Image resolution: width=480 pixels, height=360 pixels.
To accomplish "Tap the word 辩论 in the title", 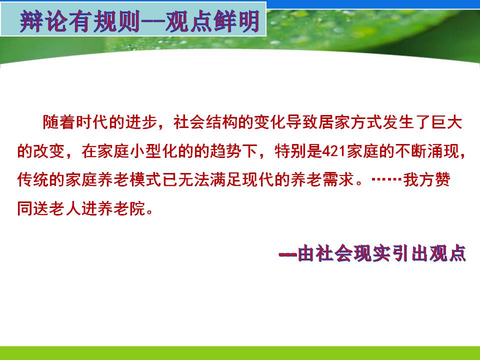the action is pos(43,21).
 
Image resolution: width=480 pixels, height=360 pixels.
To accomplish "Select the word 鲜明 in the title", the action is pos(236,21).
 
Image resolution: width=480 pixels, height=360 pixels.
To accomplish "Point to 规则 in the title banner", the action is pos(116,21).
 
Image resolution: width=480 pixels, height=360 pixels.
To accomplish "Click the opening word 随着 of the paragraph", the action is pos(58,122).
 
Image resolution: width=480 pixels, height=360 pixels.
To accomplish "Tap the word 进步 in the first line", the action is pos(139,122).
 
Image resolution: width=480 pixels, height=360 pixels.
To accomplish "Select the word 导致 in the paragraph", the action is pos(301,122).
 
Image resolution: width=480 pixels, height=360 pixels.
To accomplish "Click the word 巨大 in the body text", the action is pos(446,122).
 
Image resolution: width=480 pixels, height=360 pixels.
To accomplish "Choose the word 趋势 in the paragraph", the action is pos(226,151).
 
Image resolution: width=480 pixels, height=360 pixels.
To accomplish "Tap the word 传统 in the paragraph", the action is pos(33,179).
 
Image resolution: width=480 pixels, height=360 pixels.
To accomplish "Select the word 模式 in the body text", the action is pos(145,179).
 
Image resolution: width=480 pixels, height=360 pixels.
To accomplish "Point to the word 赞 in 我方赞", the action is pos(442,179).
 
